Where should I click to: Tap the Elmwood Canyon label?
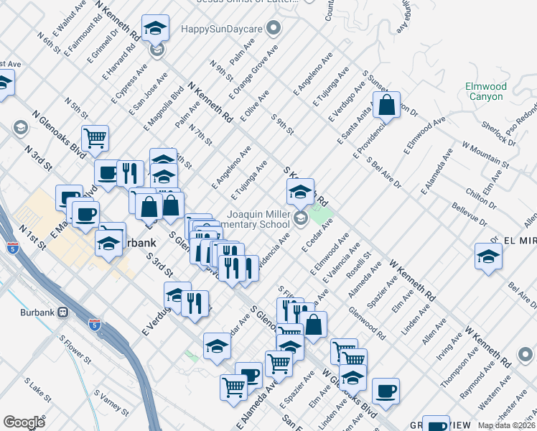[x=485, y=93]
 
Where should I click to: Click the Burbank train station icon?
[x=62, y=312]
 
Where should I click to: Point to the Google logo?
[x=24, y=422]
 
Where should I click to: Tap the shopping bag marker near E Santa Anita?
[x=386, y=105]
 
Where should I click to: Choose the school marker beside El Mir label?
[x=488, y=257]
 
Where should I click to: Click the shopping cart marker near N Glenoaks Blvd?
[x=95, y=138]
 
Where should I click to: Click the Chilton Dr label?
[x=477, y=194]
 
